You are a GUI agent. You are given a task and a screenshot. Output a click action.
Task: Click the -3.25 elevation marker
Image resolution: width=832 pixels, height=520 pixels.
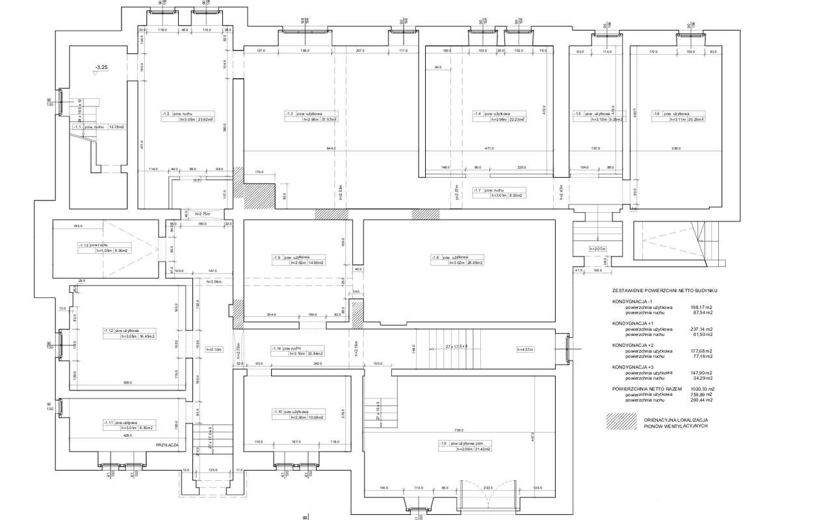click(101, 67)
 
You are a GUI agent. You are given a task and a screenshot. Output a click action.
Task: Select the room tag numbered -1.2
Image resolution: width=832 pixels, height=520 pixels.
click(166, 114)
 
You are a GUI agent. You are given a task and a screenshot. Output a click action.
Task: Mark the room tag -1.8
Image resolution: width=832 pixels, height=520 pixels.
click(436, 257)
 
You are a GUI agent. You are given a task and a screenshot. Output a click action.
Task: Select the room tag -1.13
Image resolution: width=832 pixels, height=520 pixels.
click(83, 245)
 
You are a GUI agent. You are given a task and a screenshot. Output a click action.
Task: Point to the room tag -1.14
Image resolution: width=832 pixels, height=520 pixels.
click(278, 348)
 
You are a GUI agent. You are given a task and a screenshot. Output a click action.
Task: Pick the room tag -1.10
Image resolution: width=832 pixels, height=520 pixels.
click(278, 412)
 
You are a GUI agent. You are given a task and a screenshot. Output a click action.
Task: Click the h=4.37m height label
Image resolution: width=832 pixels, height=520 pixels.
click(525, 349)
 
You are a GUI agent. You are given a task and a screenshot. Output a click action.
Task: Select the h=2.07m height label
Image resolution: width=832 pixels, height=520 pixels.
click(597, 249)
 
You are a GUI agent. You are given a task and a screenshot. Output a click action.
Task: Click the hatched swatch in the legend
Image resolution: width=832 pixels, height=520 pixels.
click(620, 422)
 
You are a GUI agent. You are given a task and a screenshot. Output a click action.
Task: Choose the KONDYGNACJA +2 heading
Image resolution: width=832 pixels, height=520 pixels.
click(634, 345)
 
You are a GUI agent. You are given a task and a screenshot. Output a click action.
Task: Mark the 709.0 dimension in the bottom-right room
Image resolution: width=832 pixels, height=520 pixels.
click(459, 430)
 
